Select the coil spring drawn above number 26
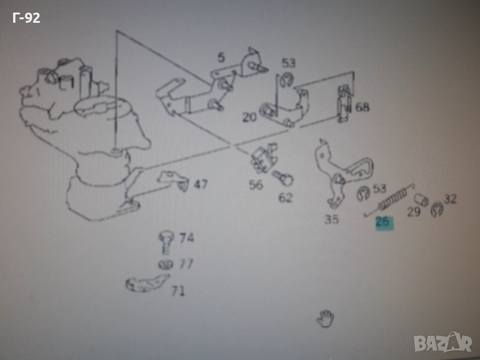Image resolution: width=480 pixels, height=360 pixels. (x=389, y=200)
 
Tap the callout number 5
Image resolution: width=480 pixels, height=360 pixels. (x=221, y=57)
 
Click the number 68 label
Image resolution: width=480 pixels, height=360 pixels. (x=362, y=107)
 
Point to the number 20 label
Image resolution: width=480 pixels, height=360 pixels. (x=250, y=117)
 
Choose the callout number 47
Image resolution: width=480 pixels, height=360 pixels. (x=201, y=184)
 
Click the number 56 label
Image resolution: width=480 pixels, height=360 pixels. (x=256, y=185)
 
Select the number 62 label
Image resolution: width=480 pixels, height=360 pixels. (x=286, y=198)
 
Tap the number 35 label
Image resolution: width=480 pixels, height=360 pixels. (x=332, y=219)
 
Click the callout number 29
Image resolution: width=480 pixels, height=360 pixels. (x=413, y=212)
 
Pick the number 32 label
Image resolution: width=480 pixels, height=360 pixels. (x=450, y=199)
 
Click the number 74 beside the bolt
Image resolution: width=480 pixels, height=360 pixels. (x=187, y=238)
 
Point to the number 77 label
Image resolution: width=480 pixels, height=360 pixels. (x=186, y=263)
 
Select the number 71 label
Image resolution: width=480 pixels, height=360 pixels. (x=178, y=290)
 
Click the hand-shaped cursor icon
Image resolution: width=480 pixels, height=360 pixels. (x=325, y=318)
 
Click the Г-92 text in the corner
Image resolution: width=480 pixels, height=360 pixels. (x=26, y=18)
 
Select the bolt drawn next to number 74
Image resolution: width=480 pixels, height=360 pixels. (x=166, y=242)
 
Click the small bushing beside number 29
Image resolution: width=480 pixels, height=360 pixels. (x=422, y=200)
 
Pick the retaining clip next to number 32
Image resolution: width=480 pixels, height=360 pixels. (x=437, y=209)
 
